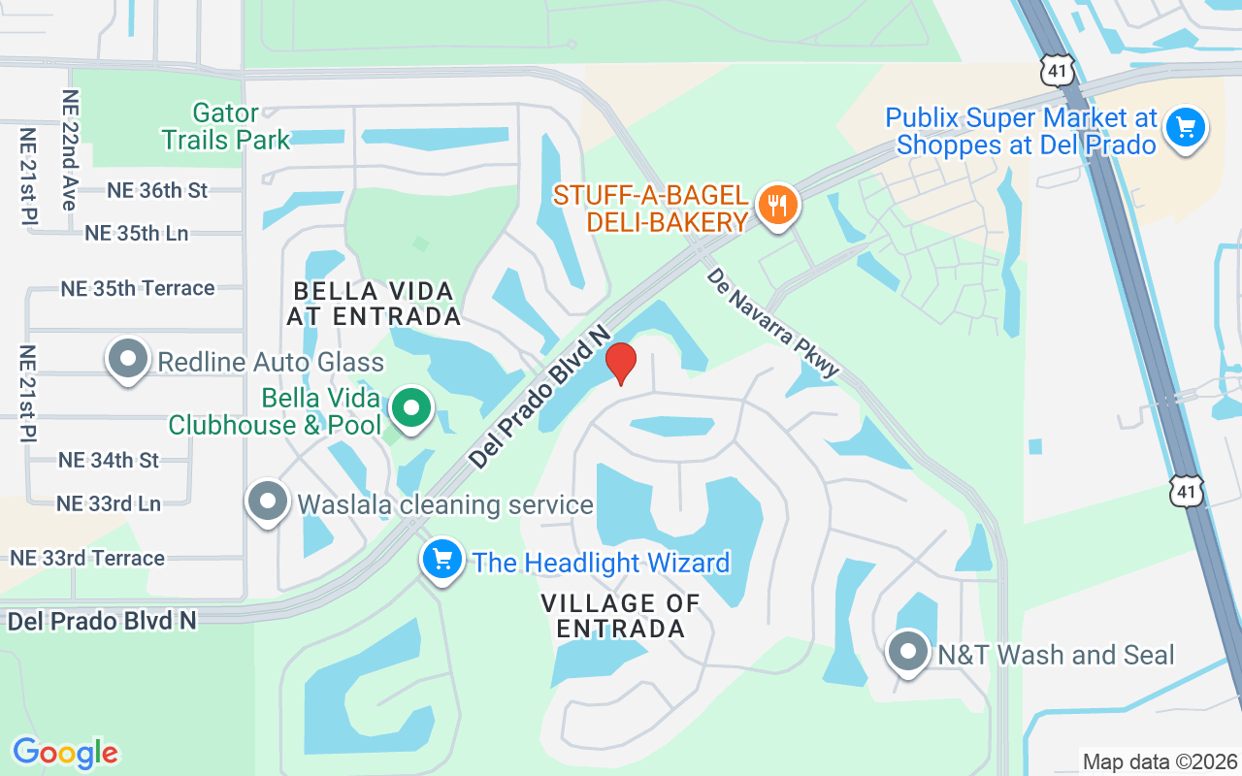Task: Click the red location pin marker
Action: (621, 363)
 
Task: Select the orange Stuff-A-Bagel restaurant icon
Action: (776, 206)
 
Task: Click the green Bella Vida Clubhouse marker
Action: (411, 408)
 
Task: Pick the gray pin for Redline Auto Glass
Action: (127, 359)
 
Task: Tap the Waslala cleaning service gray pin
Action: (268, 501)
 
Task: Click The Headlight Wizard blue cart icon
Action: (442, 560)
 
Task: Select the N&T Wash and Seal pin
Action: (908, 652)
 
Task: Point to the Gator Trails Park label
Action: (226, 126)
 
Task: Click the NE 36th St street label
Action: (157, 190)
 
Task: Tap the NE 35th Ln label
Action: (137, 233)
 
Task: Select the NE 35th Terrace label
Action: (138, 288)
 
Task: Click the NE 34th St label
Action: (109, 460)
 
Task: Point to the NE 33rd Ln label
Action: (109, 503)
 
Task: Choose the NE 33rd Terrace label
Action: (87, 558)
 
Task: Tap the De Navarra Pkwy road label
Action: (773, 323)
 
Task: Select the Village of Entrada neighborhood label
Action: (621, 615)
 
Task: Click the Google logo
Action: (65, 753)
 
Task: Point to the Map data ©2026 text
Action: (1160, 761)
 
